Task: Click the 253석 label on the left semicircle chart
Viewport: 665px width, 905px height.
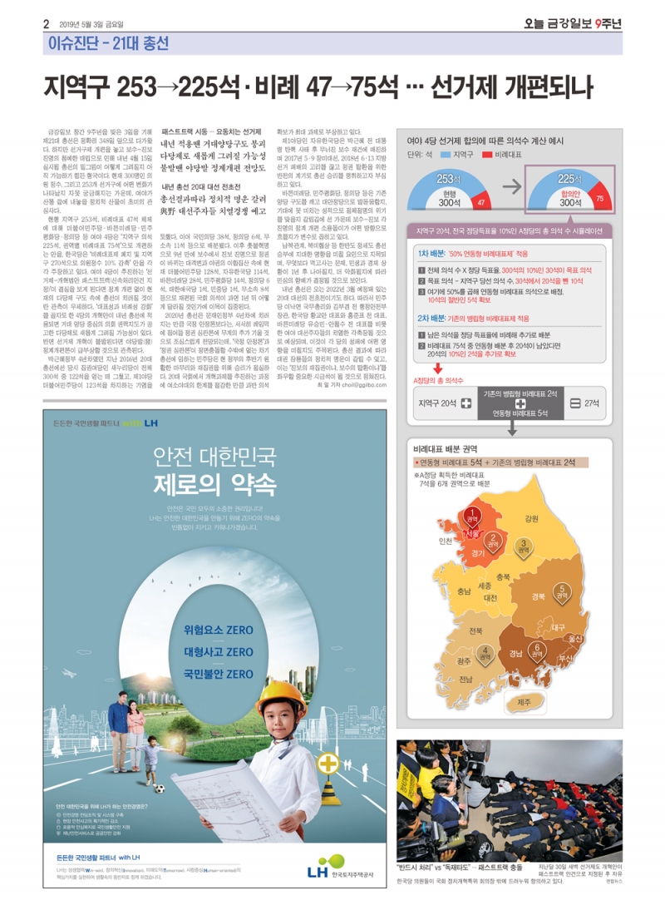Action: click(x=449, y=180)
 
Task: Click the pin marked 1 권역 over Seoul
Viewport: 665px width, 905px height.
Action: click(x=472, y=516)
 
